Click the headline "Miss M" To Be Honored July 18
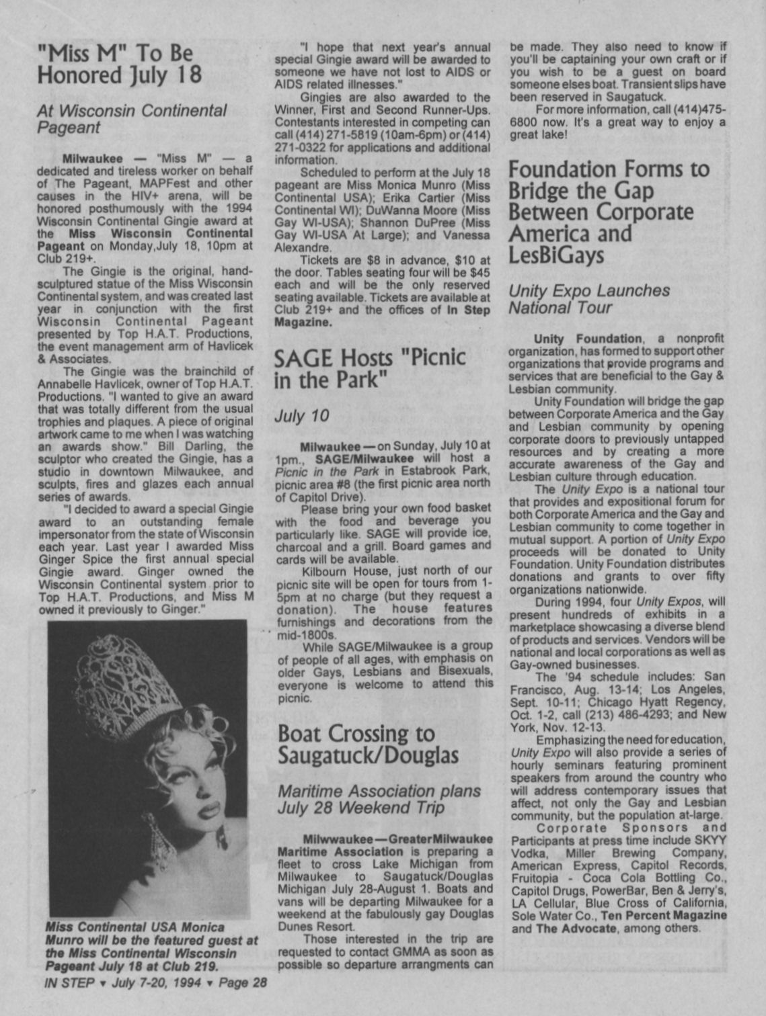coord(119,63)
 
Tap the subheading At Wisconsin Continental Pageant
coord(131,118)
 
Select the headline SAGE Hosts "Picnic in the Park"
coord(369,367)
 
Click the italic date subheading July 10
coord(301,416)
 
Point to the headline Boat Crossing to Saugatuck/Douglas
coord(367,744)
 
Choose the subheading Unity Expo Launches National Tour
coord(588,299)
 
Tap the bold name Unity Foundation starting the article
coord(587,338)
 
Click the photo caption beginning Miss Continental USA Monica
coord(151,947)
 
